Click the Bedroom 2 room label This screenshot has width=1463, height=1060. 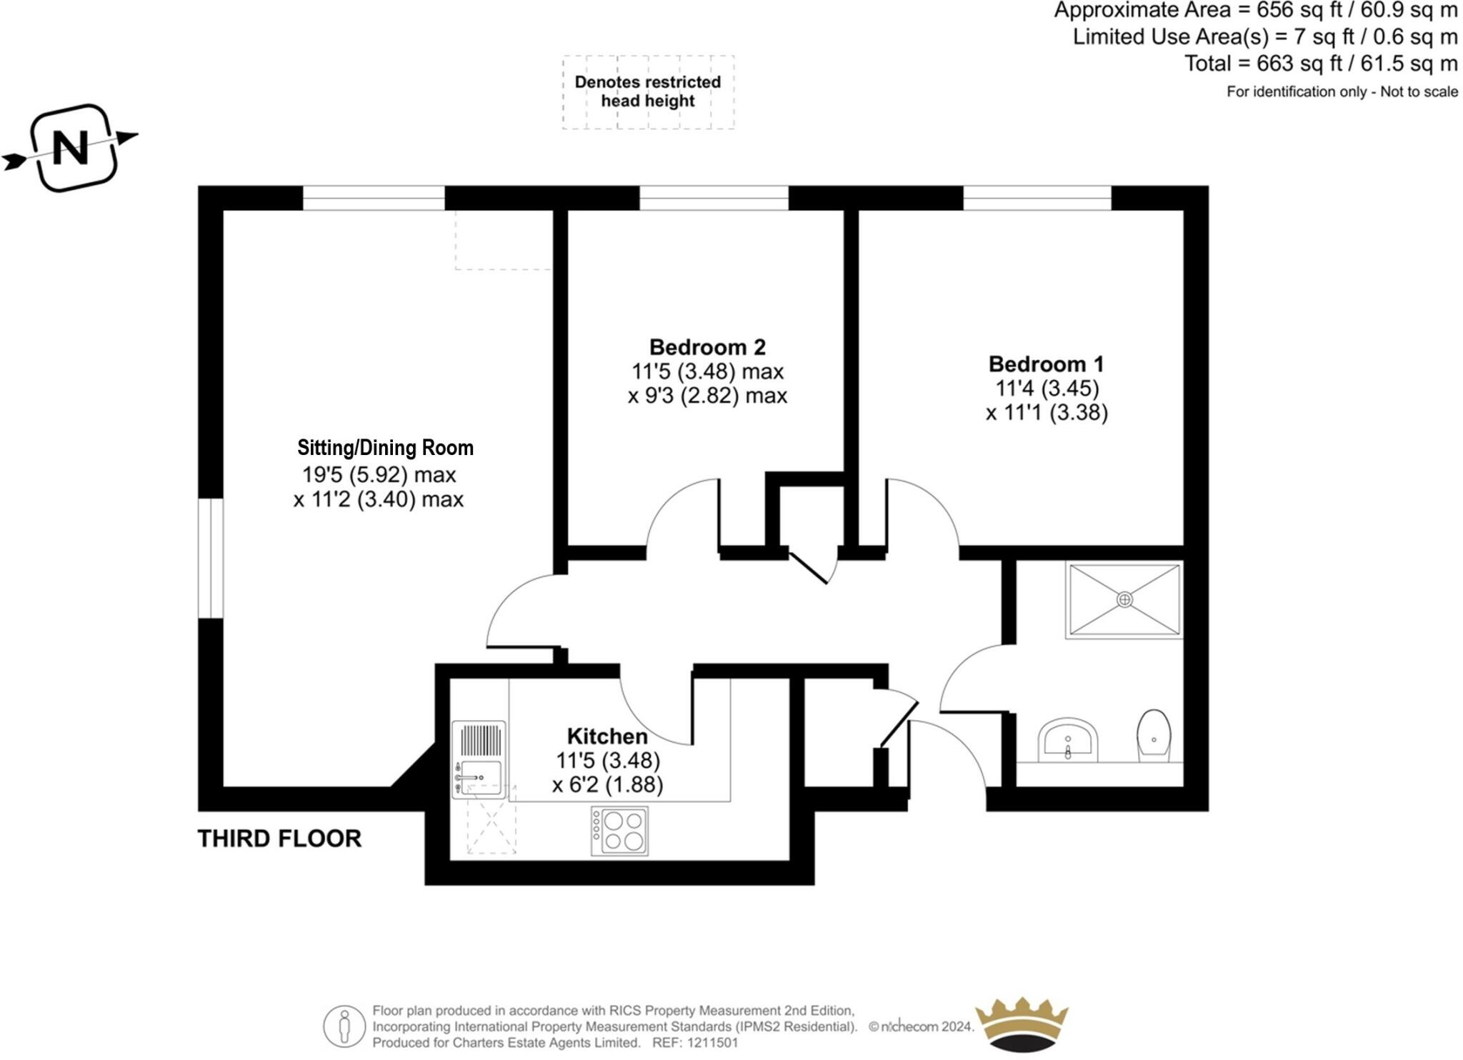point(707,347)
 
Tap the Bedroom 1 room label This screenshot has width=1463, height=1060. point(1046,364)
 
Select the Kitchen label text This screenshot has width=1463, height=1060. point(607,736)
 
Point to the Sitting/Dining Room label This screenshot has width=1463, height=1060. point(385,448)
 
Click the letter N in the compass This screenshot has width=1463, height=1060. point(71,148)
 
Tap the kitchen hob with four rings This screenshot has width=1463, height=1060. point(620,831)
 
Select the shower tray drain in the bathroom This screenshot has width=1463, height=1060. point(1124,600)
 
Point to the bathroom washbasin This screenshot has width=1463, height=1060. point(1068,739)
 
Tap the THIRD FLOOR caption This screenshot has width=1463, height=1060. point(279,839)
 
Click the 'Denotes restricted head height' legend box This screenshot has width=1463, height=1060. point(648,92)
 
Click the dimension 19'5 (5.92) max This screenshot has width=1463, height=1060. point(379,474)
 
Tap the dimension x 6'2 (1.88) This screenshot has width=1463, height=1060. point(607,785)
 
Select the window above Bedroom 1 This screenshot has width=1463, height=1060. point(1037,198)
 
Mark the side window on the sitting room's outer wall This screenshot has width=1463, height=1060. point(211,558)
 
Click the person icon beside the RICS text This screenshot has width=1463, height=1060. point(344,1026)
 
